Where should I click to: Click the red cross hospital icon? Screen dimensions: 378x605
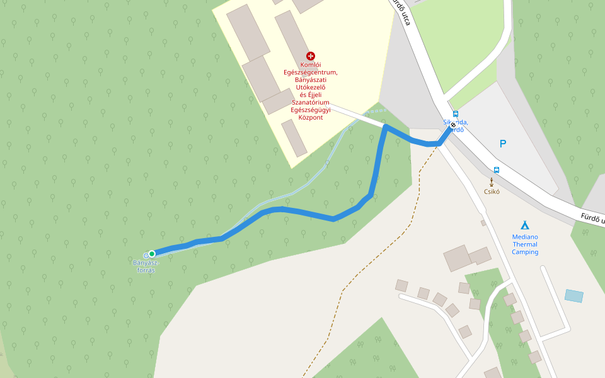coord(311,56)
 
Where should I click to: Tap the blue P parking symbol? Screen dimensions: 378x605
coord(503,144)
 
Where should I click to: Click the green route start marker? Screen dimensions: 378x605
coord(152,254)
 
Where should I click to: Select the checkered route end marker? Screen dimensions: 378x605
coord(453,125)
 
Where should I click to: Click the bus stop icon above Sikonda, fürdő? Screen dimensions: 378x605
coord(456,114)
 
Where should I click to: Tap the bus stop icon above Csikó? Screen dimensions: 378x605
coord(497,169)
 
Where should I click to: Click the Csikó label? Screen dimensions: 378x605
coord(492,192)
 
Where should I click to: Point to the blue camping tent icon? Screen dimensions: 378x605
coord(525,225)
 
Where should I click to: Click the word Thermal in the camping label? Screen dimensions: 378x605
coord(525,244)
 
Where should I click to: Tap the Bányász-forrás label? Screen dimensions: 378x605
coord(146,266)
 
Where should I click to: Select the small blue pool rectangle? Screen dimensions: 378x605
coord(574,295)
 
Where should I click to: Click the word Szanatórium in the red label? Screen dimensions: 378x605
coord(311,102)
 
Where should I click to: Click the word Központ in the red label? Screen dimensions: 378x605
coord(311,117)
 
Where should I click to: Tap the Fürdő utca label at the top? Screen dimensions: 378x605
coord(403,13)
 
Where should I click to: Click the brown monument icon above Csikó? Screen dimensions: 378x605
coord(492,182)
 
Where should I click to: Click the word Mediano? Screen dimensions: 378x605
coord(525,237)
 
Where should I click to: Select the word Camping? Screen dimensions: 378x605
coord(525,252)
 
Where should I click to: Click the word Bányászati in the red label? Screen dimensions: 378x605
coord(311,79)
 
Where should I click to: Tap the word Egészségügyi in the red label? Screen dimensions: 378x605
coord(311,110)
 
